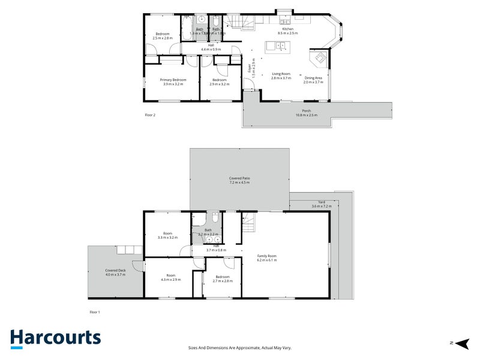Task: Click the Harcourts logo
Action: pyautogui.click(x=55, y=338)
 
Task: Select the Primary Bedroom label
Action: pyautogui.click(x=173, y=80)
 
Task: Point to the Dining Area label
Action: pyautogui.click(x=313, y=78)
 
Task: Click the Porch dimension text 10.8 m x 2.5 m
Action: pyautogui.click(x=306, y=115)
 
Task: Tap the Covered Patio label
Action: pyautogui.click(x=239, y=178)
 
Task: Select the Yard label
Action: pyautogui.click(x=322, y=202)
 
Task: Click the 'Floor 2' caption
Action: pyautogui.click(x=150, y=114)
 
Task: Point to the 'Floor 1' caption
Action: pyautogui.click(x=95, y=312)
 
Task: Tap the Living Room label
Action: pyautogui.click(x=281, y=74)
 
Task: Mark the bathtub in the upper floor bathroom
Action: pyautogui.click(x=187, y=33)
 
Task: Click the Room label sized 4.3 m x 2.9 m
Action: pyautogui.click(x=170, y=277)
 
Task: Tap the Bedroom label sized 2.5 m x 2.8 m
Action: pyautogui.click(x=162, y=35)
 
